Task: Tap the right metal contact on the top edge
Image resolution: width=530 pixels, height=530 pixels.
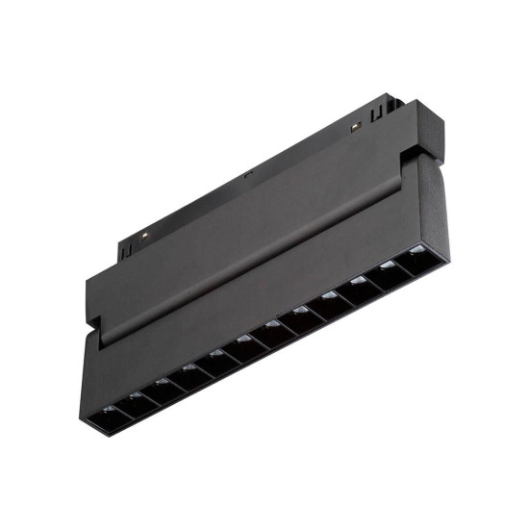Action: (353, 127)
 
